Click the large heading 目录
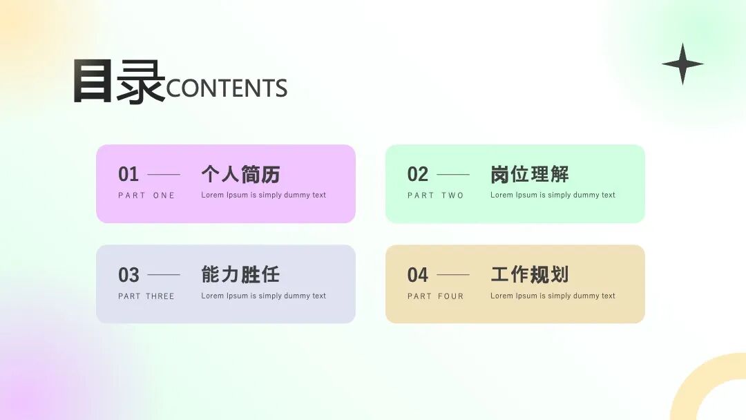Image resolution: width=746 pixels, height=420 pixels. (118, 82)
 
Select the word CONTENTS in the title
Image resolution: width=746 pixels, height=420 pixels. (227, 88)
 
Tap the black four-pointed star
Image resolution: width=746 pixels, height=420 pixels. (682, 64)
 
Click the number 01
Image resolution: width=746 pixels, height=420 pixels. (128, 174)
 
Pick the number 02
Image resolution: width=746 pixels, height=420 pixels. (418, 174)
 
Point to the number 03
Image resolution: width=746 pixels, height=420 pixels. (128, 275)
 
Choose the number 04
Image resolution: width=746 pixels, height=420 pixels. (418, 275)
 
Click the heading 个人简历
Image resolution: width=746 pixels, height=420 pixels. (240, 174)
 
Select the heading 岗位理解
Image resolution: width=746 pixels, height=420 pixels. (530, 174)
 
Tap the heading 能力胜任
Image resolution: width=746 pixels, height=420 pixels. (240, 274)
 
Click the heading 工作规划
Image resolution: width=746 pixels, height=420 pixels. (530, 274)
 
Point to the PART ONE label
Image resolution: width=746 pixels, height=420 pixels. (146, 195)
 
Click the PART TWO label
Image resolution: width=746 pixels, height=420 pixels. (436, 195)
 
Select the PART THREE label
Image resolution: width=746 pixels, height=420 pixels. (146, 296)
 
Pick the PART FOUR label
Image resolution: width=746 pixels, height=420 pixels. (436, 296)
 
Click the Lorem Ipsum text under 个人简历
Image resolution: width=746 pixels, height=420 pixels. (263, 195)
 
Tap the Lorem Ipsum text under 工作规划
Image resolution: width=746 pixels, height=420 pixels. (553, 296)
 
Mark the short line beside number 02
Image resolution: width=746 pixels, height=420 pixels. (453, 175)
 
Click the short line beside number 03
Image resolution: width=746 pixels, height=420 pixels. (164, 275)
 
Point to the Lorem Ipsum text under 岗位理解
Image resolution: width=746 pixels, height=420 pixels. (553, 195)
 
